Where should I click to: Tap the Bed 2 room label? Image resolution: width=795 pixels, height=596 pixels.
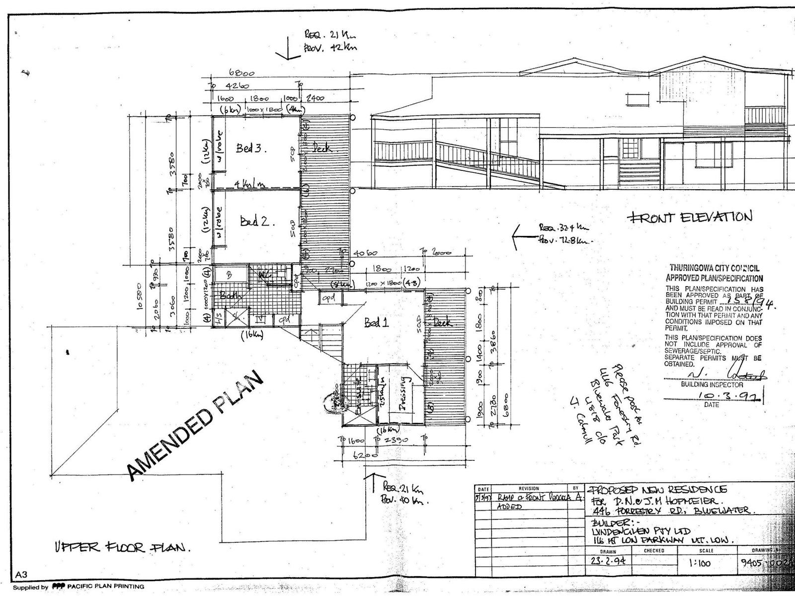coord(257,221)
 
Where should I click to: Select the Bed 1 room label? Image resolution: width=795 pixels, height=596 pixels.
coord(376,323)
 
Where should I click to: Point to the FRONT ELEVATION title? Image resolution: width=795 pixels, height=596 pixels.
coord(690,217)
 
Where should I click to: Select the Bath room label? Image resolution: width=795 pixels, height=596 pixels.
coord(230,297)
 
